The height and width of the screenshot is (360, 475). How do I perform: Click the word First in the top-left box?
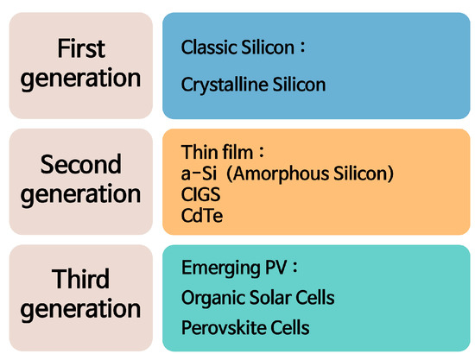point(81,48)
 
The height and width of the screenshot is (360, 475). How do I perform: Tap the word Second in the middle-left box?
point(81,164)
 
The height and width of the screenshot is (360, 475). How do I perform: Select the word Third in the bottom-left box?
point(80,279)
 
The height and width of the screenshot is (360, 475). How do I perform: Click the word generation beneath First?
point(80,79)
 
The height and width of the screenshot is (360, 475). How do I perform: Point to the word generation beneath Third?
point(80,309)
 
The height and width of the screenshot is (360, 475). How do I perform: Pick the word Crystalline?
point(225,85)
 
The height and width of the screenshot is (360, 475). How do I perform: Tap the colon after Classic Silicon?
point(302,48)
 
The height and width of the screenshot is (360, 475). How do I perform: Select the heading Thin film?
point(217,152)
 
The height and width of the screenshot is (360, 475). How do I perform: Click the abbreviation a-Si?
point(199,174)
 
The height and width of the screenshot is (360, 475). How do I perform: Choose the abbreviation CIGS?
point(201,194)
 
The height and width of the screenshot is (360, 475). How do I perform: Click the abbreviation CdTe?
point(202,216)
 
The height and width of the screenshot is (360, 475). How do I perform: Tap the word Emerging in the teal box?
point(221,268)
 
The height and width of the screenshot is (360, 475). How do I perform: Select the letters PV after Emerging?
point(276,268)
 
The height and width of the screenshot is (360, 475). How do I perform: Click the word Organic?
point(213,298)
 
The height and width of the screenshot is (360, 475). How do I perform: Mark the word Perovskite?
point(224,328)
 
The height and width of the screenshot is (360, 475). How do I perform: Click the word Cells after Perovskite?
point(290,328)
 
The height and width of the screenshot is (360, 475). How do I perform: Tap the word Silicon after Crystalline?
point(299,84)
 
